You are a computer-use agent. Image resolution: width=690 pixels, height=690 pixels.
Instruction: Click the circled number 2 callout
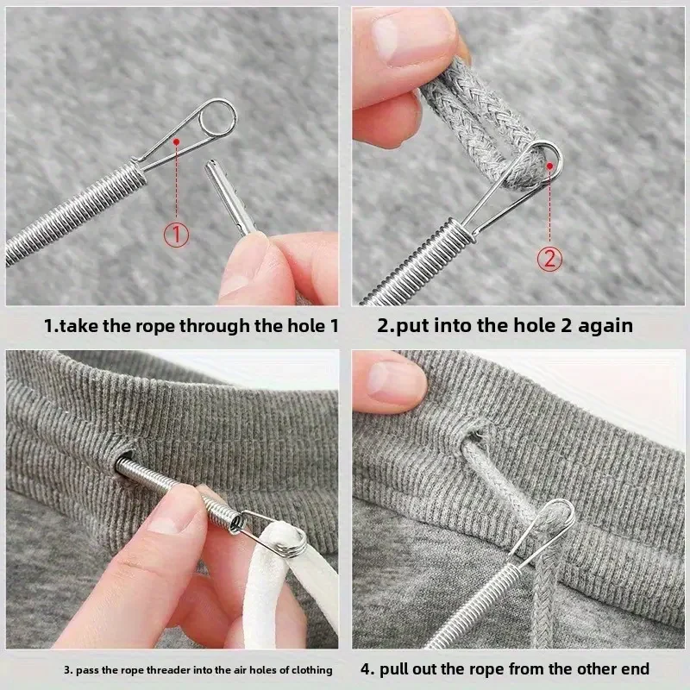click(550, 257)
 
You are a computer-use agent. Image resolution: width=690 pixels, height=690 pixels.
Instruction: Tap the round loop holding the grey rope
click(546, 158)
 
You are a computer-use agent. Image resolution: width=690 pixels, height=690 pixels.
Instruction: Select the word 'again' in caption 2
click(604, 326)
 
